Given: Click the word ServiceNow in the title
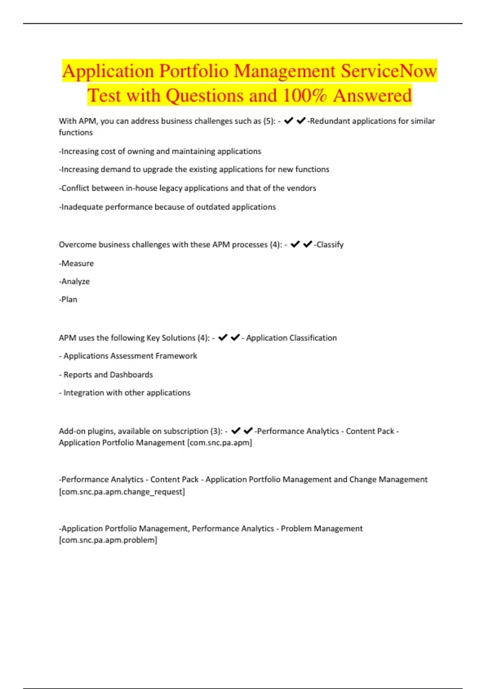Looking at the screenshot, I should (x=389, y=71).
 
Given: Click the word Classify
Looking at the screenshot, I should (x=330, y=244).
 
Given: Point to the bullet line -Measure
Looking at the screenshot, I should (x=76, y=263).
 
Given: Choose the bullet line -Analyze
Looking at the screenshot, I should (x=74, y=281).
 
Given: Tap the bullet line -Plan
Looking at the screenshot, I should (x=68, y=300).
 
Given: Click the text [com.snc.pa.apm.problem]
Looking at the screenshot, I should (x=108, y=540).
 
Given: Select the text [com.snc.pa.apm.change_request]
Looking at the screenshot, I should (x=122, y=492).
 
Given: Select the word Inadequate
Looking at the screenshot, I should (x=82, y=207).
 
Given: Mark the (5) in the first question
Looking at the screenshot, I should (x=269, y=121).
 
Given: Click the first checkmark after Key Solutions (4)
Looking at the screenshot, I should (x=223, y=337).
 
